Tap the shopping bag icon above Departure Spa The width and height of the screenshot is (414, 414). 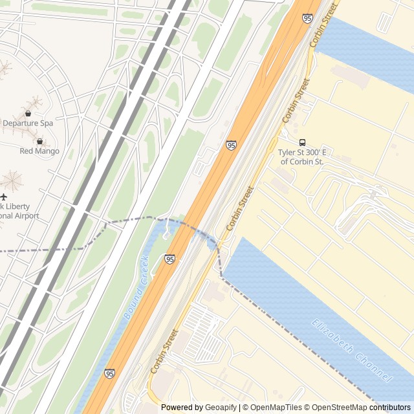pos(28,113)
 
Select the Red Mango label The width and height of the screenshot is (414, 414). pos(39,151)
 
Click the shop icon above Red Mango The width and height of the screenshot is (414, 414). pos(40,142)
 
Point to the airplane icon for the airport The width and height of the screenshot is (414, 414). pos(4,196)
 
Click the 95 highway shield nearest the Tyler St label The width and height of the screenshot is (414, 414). pos(231,146)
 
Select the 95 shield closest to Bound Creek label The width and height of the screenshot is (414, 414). pos(169,259)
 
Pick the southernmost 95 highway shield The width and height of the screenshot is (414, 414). pos(109,374)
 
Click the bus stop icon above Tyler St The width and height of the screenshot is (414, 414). pos(302,142)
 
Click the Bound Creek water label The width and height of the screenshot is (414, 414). pos(136,287)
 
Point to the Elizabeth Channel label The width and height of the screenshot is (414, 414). pos(351,350)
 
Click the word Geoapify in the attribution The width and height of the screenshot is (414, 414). pos(219,408)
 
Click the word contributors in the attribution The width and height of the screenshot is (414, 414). pos(389,408)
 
